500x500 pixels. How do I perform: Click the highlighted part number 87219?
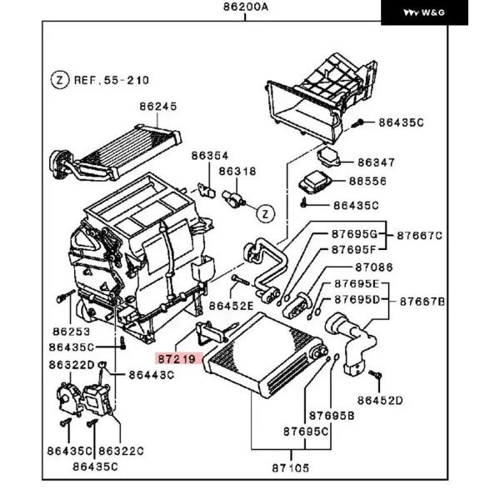click(x=177, y=359)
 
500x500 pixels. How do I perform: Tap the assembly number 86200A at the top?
click(x=246, y=7)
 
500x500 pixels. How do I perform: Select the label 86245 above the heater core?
click(x=158, y=106)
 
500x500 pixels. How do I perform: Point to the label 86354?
click(x=210, y=156)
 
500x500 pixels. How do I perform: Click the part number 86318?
click(x=237, y=172)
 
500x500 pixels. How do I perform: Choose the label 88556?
click(x=367, y=181)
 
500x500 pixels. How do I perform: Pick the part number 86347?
click(x=377, y=162)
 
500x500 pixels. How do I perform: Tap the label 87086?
click(x=374, y=267)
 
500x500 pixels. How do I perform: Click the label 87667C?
click(x=420, y=236)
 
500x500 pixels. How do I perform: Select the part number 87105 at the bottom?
click(x=291, y=468)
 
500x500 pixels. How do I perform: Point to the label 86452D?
click(x=380, y=401)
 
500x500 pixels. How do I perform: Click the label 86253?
click(x=72, y=332)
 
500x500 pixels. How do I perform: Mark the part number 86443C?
click(x=152, y=375)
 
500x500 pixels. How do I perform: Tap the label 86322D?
click(x=72, y=365)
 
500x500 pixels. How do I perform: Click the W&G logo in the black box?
click(x=424, y=12)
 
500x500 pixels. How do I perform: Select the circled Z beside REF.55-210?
click(x=60, y=80)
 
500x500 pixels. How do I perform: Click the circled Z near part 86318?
click(x=266, y=213)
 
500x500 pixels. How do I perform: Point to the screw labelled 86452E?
click(x=241, y=280)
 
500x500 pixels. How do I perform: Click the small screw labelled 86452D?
click(x=375, y=374)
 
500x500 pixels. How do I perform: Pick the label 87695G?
click(x=355, y=234)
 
